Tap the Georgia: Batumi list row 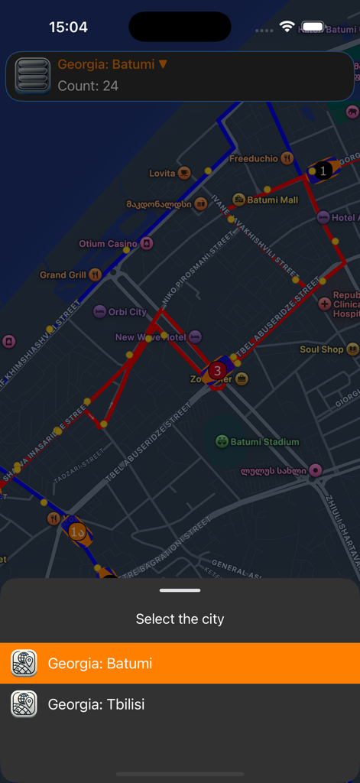tap(180, 663)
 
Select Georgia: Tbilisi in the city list tap(180, 703)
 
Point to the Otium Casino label tap(108, 244)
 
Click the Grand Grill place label tap(63, 275)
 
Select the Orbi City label tap(127, 312)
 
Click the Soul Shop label tap(322, 349)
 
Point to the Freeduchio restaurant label tap(254, 158)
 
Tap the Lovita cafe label tap(162, 173)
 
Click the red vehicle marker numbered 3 tap(218, 371)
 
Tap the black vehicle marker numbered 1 tap(324, 171)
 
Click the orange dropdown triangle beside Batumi tap(163, 64)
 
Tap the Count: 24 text tap(88, 86)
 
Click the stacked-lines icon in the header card tap(32, 76)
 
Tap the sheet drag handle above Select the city tap(180, 590)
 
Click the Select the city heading tap(180, 619)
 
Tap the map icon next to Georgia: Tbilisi tap(24, 703)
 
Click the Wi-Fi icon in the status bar tap(287, 27)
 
